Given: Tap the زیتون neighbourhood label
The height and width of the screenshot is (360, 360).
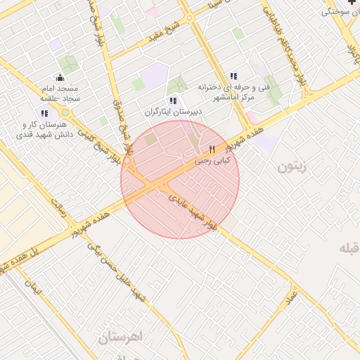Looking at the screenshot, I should (294, 167).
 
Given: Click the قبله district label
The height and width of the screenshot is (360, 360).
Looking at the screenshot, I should (349, 248).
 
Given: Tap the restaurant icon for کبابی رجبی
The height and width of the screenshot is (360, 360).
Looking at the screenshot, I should (212, 149).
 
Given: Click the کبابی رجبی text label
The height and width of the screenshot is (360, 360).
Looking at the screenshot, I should (212, 161).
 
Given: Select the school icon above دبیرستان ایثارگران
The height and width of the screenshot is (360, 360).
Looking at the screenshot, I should (173, 101).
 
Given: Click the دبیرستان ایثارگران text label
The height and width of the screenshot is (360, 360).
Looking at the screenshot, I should (173, 112).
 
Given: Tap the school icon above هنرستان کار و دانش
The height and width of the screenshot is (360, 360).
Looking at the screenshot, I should (44, 113).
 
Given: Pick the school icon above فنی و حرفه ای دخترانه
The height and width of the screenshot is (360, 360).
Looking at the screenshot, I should (233, 76).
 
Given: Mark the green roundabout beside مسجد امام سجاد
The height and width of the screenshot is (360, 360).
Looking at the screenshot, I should (65, 112).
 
